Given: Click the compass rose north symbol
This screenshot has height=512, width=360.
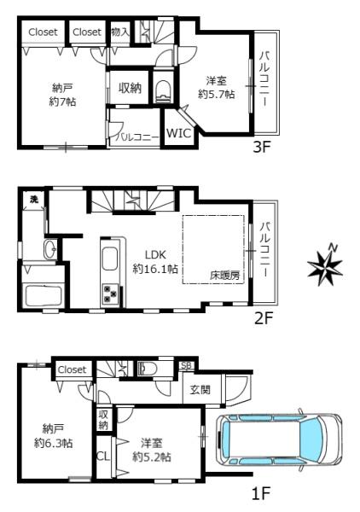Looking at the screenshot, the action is [325, 265].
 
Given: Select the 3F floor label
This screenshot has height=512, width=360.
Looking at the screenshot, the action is [262, 148].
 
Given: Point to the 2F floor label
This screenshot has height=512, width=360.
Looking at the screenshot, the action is [263, 318].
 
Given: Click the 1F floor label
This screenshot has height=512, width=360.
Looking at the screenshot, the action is [261, 493].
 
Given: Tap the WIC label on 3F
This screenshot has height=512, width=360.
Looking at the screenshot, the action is [178, 133].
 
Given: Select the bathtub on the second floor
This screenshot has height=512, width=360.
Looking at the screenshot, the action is [44, 296].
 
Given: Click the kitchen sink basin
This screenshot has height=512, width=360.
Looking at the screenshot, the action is [110, 259].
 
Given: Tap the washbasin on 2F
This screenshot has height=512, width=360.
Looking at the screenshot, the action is [50, 249].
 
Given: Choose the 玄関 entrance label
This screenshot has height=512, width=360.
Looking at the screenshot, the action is [200, 389].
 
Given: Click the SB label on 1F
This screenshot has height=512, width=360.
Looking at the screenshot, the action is [187, 365].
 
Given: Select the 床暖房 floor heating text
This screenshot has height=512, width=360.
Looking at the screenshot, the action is [225, 276].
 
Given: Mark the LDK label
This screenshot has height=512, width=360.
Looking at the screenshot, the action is [155, 254].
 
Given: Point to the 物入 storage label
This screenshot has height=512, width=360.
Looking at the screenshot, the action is [120, 32].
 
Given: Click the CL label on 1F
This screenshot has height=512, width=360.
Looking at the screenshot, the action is [103, 456].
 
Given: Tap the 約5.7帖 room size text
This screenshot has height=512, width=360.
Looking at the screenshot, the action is [217, 95].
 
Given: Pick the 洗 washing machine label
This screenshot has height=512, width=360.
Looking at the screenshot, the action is [34, 199].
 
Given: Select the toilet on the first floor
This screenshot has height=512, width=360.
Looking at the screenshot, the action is [148, 369].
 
